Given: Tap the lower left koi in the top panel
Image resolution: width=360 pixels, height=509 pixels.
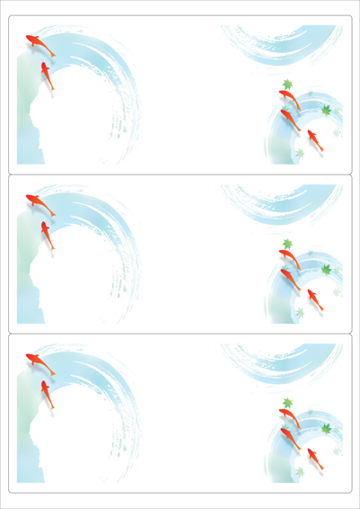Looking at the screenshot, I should [x=47, y=76].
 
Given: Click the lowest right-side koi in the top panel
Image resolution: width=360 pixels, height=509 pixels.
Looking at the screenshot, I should [x=314, y=139].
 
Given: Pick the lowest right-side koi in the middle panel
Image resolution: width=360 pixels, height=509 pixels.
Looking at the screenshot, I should [x=314, y=298].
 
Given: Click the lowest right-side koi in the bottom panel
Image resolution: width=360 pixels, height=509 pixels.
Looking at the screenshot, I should [x=314, y=457].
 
